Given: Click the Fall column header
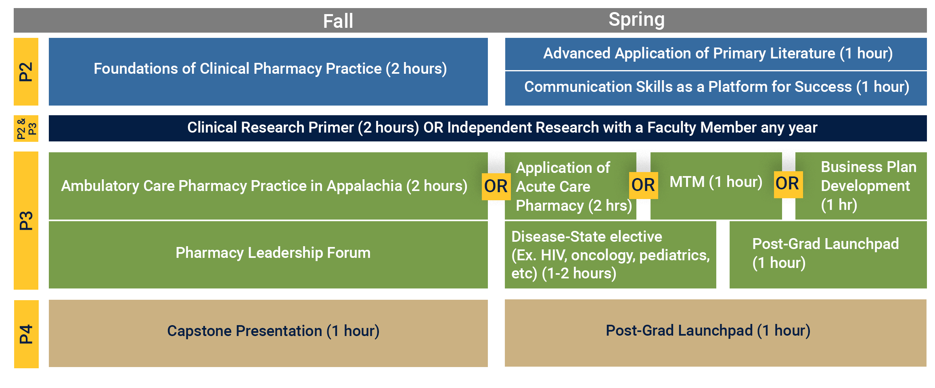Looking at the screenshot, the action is point(338,21).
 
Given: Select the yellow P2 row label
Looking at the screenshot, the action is point(26,72).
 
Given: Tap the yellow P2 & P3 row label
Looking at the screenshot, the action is point(26,129).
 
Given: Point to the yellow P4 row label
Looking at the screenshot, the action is point(26,334).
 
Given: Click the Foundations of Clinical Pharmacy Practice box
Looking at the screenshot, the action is point(268,72).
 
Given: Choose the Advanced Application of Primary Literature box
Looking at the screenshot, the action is point(716,54).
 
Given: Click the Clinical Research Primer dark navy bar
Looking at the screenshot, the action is point(488,129).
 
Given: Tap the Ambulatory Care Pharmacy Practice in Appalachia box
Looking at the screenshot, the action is point(268,186).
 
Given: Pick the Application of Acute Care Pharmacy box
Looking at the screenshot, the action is point(571,186).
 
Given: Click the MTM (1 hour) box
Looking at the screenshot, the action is point(716,186).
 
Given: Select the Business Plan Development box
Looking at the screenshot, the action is point(861,186).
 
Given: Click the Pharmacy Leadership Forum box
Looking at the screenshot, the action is point(268,255).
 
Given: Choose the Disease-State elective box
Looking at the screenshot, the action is point(611,255).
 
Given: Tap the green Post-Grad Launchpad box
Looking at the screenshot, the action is point(828,255).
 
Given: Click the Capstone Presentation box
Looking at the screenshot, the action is point(268,333).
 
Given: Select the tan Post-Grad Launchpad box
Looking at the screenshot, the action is point(715,333).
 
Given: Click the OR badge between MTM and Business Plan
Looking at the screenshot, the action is point(788,184).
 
